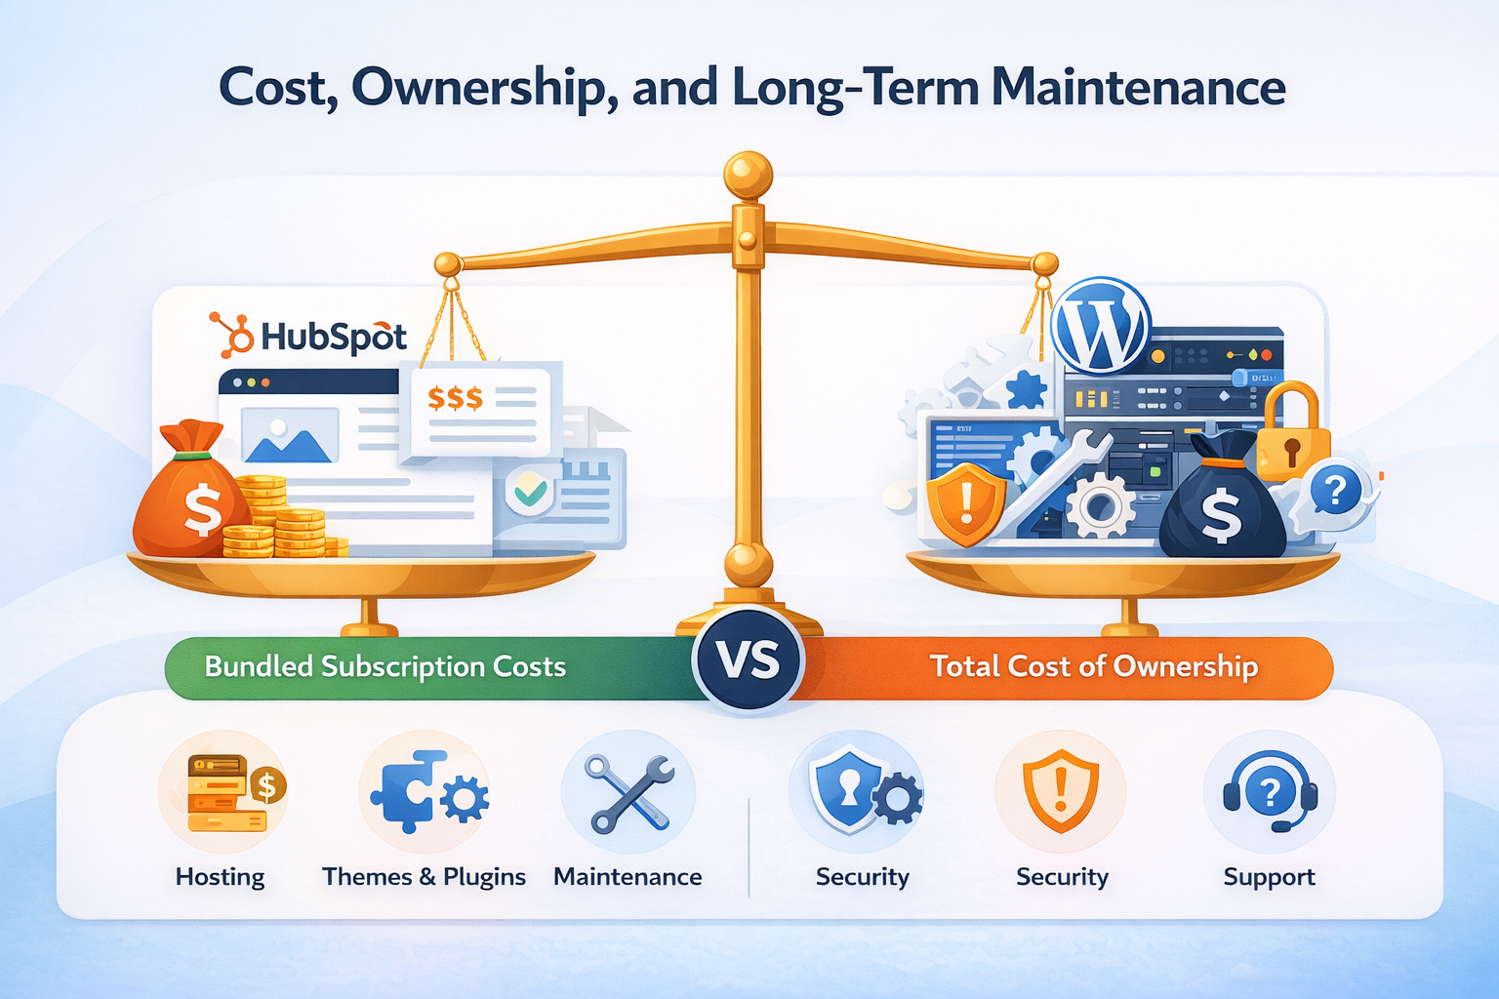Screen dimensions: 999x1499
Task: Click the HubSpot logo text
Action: (x=332, y=337)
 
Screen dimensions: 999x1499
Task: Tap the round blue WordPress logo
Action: (x=1102, y=326)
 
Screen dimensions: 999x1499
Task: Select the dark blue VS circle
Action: (x=749, y=660)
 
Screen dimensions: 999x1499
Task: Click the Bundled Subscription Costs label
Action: (x=385, y=666)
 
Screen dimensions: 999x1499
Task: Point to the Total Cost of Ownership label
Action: (x=1093, y=666)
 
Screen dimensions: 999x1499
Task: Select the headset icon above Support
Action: (x=1269, y=792)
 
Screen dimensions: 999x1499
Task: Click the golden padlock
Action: (x=1290, y=433)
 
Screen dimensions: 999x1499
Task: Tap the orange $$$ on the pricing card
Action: (x=455, y=398)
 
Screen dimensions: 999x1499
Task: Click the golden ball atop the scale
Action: (x=748, y=177)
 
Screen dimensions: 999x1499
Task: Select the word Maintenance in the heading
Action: (x=1138, y=88)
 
